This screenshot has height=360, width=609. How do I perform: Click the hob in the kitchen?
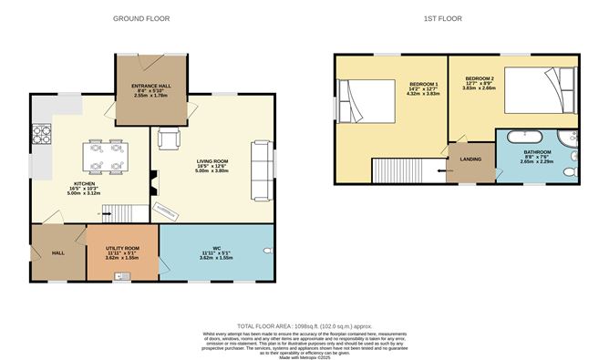click(42, 134)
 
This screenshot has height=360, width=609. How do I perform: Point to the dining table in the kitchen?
click(105, 156)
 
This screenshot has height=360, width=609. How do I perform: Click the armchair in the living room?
click(170, 139)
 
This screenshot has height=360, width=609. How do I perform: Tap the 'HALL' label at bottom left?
click(57, 252)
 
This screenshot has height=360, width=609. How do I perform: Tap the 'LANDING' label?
click(470, 159)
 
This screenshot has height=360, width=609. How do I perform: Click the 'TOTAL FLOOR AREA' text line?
click(304, 325)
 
